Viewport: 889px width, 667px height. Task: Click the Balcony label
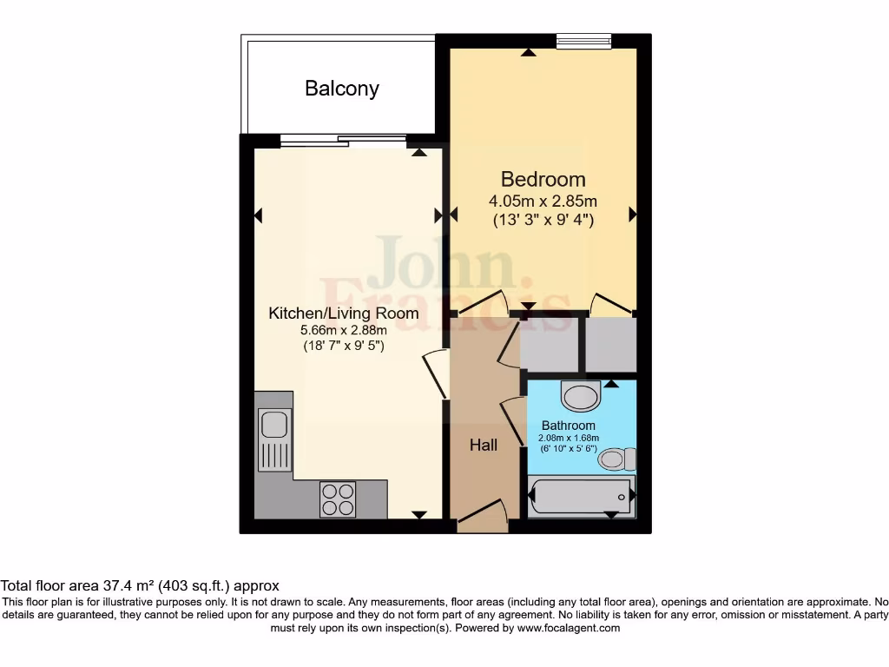coord(341,89)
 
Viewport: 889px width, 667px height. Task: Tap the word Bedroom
coord(543,180)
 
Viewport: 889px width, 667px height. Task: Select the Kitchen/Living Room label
coord(343,314)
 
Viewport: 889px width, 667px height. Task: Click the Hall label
coord(484,445)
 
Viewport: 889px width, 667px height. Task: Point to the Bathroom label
coord(569,426)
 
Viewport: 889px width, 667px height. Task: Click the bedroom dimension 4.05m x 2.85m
coord(543,201)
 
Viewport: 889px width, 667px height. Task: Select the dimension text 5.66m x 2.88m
coord(342,330)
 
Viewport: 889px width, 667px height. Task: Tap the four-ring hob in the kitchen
coord(338,499)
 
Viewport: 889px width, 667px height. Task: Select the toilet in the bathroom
coord(617,459)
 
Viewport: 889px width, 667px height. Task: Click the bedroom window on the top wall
coord(583,39)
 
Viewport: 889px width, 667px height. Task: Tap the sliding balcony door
coord(343,139)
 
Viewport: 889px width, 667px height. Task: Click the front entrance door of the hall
coord(483,518)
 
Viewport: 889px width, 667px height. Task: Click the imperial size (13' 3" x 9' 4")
coord(543,221)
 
